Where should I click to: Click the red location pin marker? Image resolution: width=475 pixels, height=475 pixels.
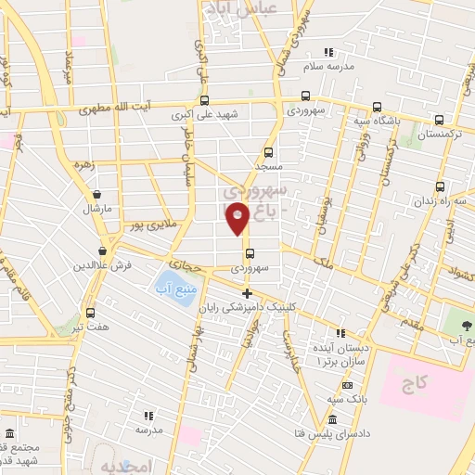(x=237, y=218)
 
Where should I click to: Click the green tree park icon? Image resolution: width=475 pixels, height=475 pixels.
(x=466, y=325)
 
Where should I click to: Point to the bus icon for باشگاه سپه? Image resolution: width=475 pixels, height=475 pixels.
(x=377, y=106)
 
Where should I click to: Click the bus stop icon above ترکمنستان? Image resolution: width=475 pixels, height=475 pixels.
(x=439, y=118)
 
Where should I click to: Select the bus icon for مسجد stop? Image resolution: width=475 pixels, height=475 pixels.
(x=269, y=152)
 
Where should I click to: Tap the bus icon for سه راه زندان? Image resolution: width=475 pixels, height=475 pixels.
(x=439, y=186)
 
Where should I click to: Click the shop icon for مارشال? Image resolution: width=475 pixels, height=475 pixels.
(x=97, y=195)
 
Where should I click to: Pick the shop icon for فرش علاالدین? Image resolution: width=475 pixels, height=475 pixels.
(x=102, y=250)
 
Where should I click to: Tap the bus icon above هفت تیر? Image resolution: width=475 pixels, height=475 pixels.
(x=92, y=313)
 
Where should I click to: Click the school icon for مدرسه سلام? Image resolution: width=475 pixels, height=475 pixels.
(x=327, y=52)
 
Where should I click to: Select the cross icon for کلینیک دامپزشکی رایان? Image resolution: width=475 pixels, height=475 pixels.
(x=247, y=293)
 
